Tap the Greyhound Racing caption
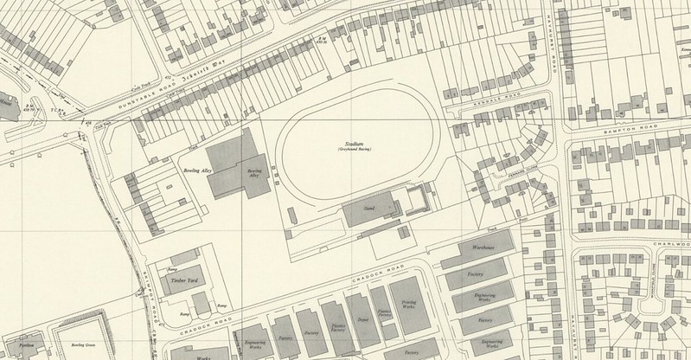349,151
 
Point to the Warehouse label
483,248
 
